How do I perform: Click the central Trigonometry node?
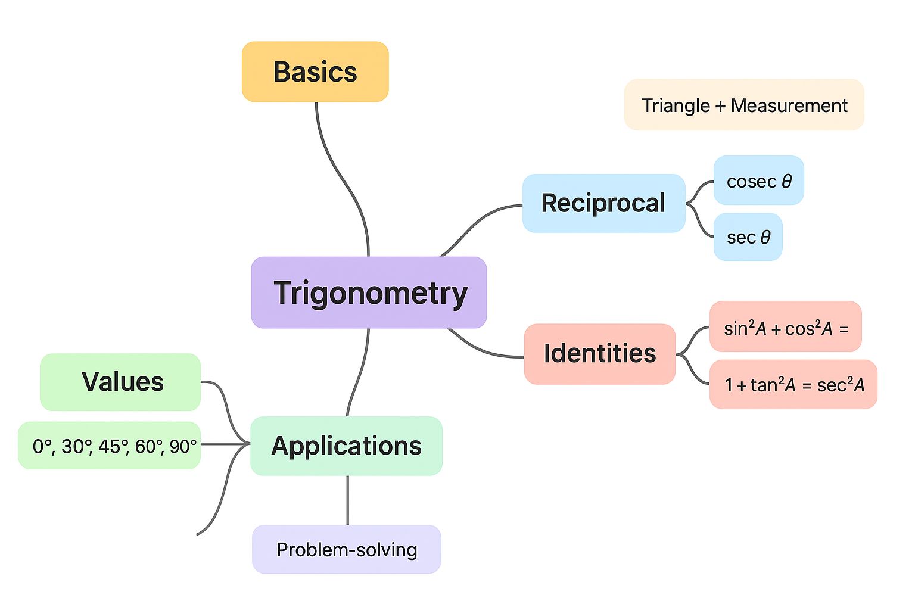tap(369, 292)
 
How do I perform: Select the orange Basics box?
tap(315, 72)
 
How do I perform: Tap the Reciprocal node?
tap(603, 203)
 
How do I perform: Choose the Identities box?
tap(600, 354)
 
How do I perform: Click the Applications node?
tap(346, 446)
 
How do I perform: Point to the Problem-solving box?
tap(346, 549)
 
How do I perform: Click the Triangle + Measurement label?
tap(744, 105)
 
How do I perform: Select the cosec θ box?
tap(758, 180)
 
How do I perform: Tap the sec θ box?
tap(748, 237)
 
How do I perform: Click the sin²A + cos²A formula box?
tap(785, 327)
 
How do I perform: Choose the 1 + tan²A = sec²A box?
tap(793, 385)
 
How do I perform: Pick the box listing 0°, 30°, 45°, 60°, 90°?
tap(110, 446)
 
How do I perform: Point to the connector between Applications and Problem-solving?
tap(347, 500)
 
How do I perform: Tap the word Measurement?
tap(789, 105)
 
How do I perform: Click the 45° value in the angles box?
tap(110, 446)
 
